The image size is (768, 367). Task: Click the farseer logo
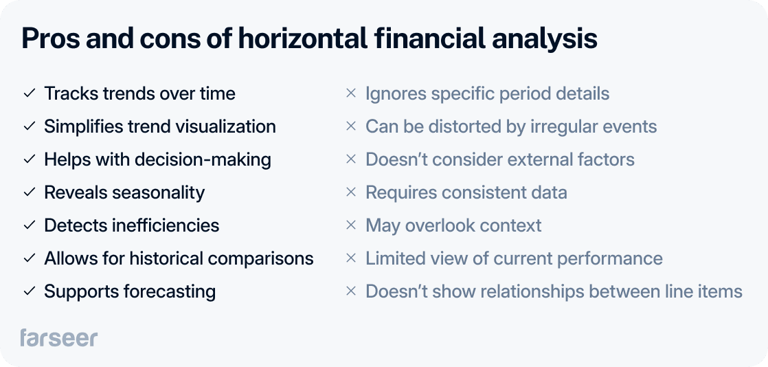point(58,337)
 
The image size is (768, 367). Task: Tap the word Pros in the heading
point(49,39)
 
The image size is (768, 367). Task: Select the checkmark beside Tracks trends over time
point(29,93)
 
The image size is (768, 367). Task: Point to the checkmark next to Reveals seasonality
point(29,192)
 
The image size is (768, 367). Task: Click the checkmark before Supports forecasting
point(29,291)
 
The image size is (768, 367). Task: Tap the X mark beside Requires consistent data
point(350,192)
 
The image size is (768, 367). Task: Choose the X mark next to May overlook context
point(350,225)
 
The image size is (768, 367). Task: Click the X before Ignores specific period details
point(350,93)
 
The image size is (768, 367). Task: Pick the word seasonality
point(158,192)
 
